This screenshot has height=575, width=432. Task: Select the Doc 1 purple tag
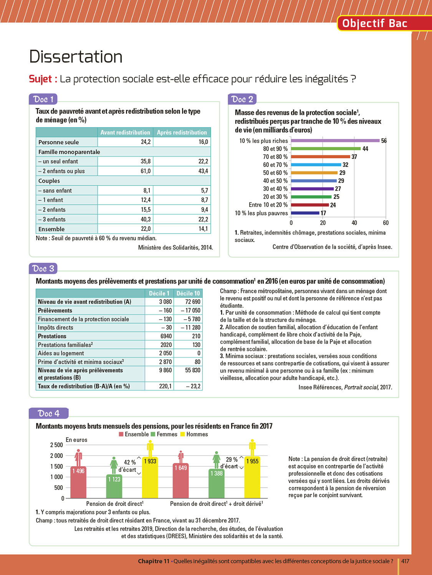tap(43, 99)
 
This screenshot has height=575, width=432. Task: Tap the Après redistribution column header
tap(182, 132)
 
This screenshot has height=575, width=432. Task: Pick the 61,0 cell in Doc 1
tap(146, 171)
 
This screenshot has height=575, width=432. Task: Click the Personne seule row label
tap(58, 142)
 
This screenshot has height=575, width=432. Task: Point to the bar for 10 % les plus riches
tap(335, 141)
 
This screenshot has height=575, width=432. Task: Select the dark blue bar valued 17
tap(305, 213)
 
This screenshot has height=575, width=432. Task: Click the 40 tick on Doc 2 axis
tap(354, 223)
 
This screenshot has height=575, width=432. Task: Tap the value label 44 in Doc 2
tap(365, 149)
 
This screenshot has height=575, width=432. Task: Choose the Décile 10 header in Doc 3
tap(188, 293)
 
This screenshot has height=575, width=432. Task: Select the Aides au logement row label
tap(61, 353)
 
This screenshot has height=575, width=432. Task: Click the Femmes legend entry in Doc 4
tap(164, 434)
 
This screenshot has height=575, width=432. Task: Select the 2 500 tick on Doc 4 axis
tap(56, 445)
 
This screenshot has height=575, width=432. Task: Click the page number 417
tap(405, 561)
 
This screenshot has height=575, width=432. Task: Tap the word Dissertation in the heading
tap(76, 57)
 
